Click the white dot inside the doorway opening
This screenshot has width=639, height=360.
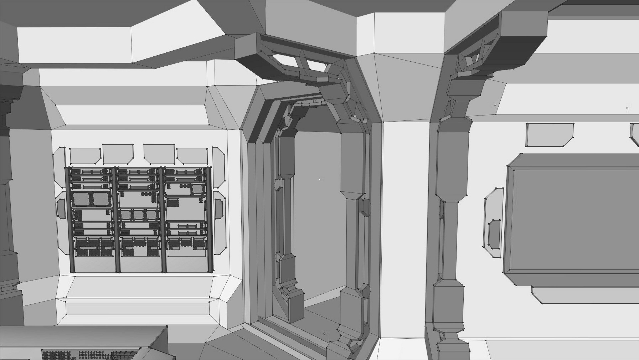319,180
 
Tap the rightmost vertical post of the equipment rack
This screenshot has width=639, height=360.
210,220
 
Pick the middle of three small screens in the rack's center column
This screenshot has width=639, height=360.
138,215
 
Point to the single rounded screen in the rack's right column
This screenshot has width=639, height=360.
197,189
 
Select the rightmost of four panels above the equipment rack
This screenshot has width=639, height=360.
192,156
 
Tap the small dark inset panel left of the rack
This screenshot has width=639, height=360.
61,209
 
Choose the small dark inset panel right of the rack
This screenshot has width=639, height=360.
218,209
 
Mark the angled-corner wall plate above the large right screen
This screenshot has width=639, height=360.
549,135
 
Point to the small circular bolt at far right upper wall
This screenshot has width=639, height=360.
627,108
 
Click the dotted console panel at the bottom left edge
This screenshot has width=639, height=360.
90,354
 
